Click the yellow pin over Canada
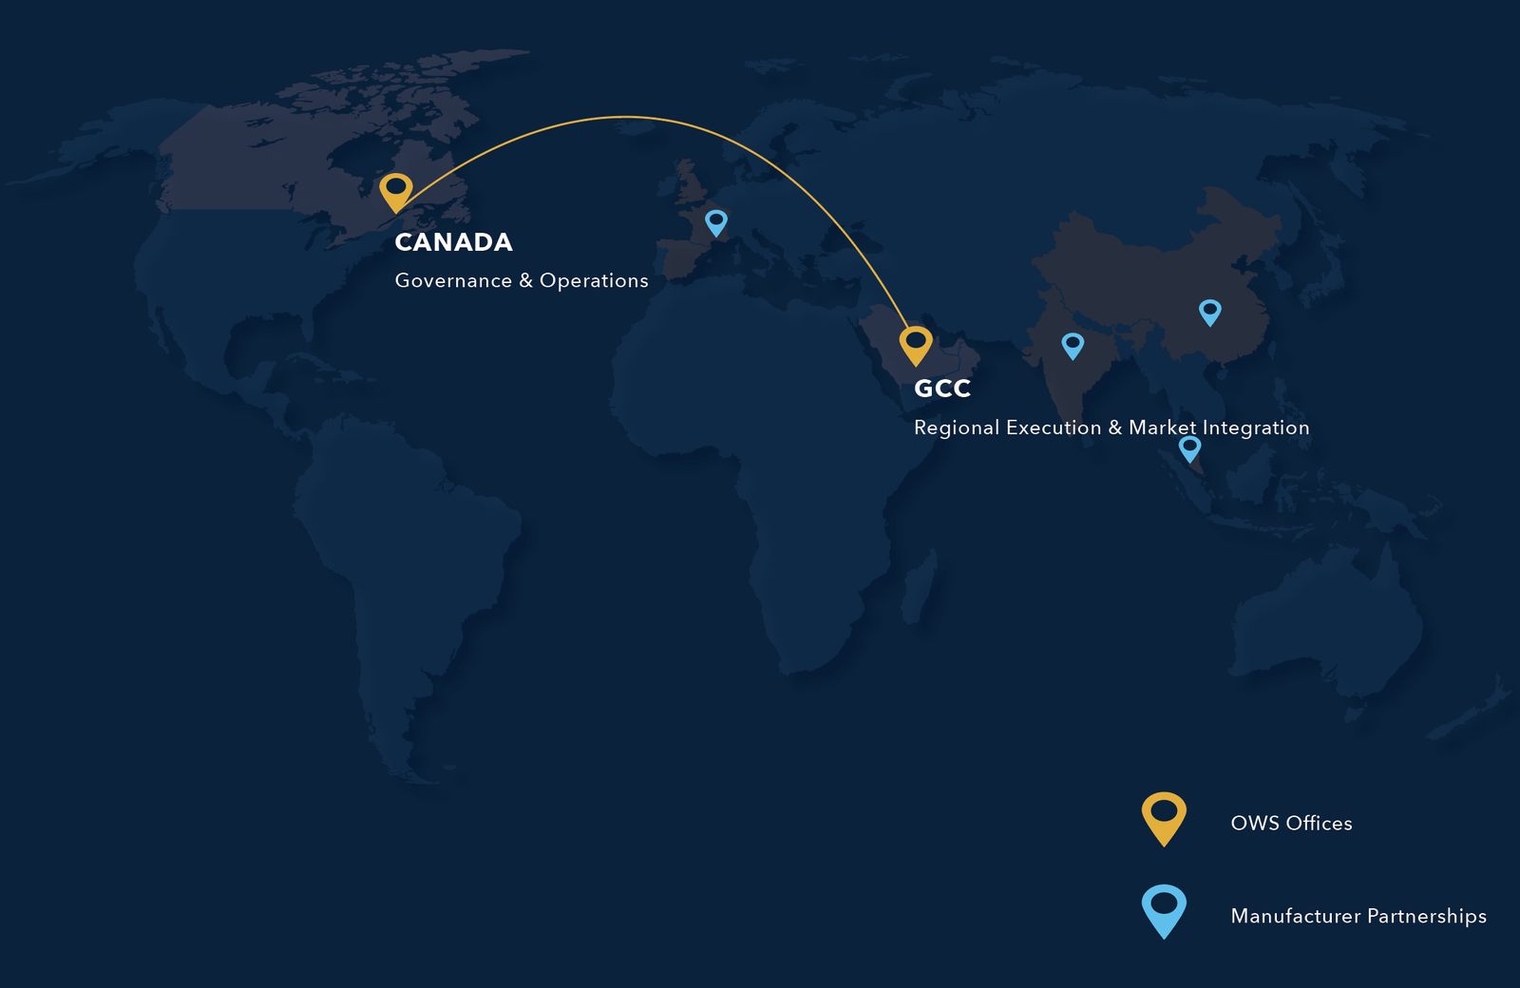pos(396,190)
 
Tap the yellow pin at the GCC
pos(916,343)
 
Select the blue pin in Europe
pos(716,222)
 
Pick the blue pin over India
pos(1073,344)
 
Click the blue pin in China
pos(1209,311)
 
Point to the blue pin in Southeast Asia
pos(1189,447)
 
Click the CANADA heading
pos(453,242)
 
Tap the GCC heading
pos(941,389)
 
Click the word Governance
pos(453,280)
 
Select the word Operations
pos(594,280)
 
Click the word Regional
pos(957,427)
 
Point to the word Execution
pos(1054,427)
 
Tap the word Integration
pos(1255,427)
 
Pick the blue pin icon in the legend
pos(1164,909)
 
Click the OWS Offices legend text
pos(1291,824)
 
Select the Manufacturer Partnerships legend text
pos(1358,916)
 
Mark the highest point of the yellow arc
pos(625,117)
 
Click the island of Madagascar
pos(918,589)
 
